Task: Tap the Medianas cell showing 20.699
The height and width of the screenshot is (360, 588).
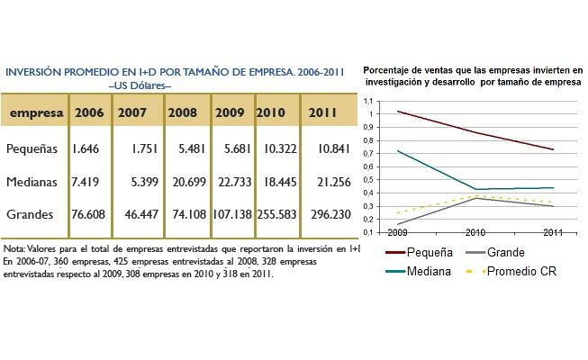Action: pyautogui.click(x=187, y=182)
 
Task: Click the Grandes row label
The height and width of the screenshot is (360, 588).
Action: pyautogui.click(x=32, y=215)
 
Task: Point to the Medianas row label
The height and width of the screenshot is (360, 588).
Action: pyautogui.click(x=34, y=182)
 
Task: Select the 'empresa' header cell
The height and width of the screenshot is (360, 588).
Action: pyautogui.click(x=36, y=113)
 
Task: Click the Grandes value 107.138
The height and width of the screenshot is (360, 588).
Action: pyautogui.click(x=232, y=215)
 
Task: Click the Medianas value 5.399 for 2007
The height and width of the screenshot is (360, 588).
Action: pyautogui.click(x=138, y=182)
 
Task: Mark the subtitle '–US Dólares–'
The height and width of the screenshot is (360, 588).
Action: pyautogui.click(x=140, y=85)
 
